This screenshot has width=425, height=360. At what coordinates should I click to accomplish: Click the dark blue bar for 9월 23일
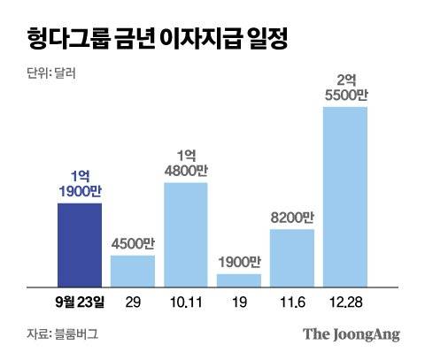79,244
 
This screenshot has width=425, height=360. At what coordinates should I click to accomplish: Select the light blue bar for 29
132,271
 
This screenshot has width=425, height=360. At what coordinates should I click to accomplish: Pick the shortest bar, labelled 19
239,280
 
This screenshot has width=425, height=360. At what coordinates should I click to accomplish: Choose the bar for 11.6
292,257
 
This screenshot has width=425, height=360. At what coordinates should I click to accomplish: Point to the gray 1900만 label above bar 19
239,263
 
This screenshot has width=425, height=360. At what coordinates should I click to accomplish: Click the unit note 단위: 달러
51,73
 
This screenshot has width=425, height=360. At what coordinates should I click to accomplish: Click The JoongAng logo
352,334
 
